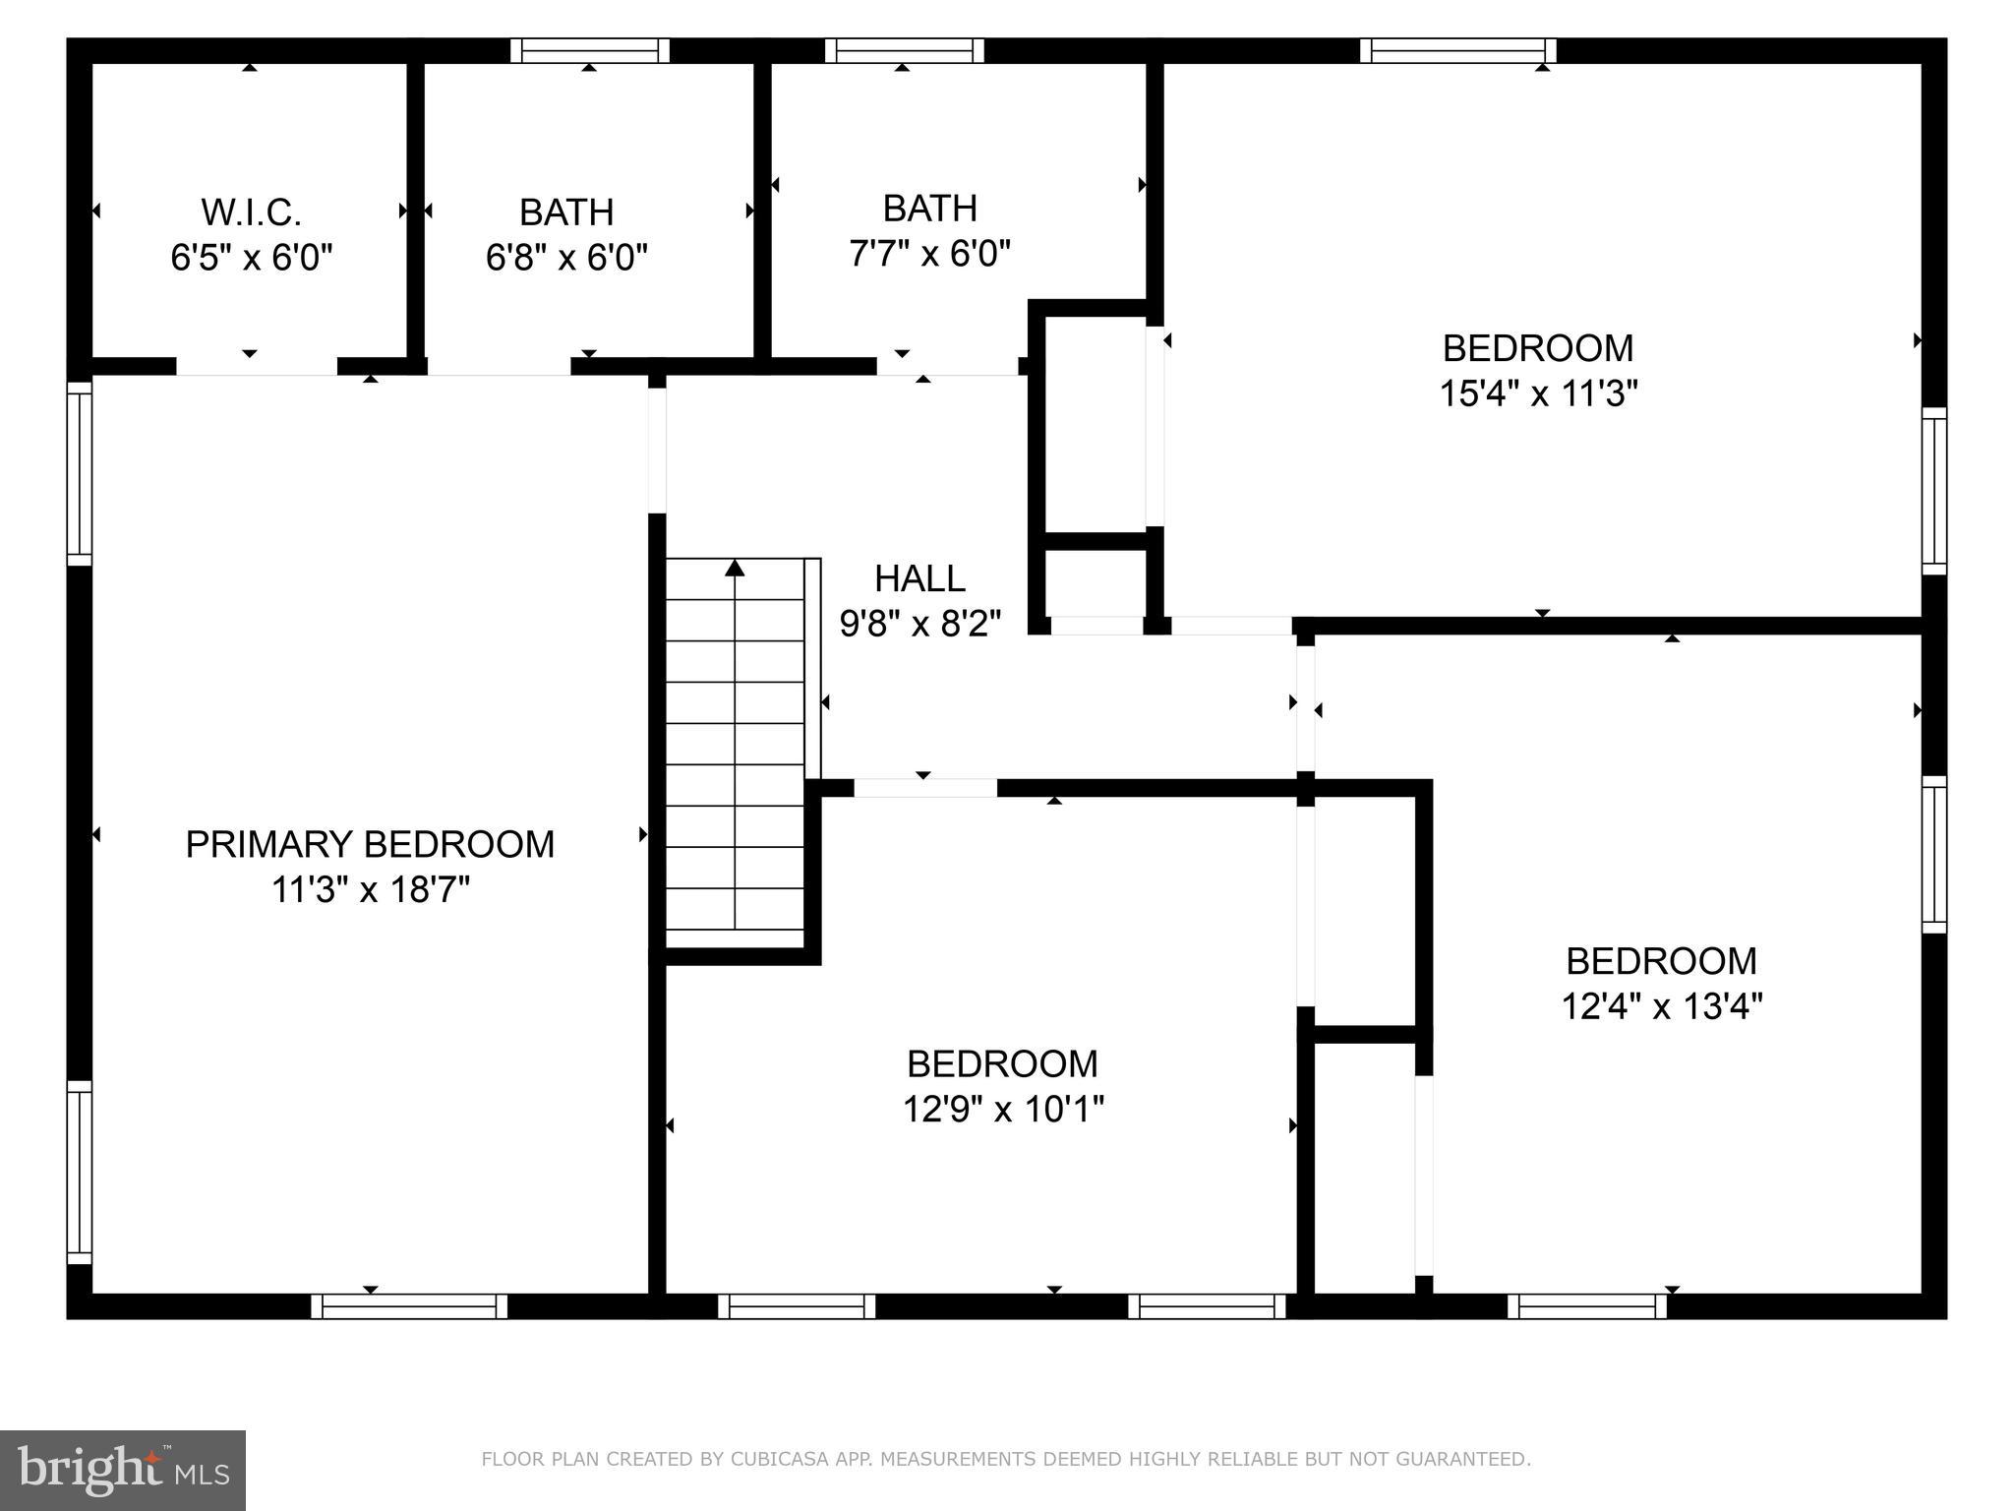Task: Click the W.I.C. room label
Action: pos(251,212)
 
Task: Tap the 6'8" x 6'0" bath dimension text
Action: pos(566,258)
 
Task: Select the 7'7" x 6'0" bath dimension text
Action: pos(929,254)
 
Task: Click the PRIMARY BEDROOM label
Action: pos(370,844)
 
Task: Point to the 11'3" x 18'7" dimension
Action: pos(370,890)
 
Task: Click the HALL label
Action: pos(919,578)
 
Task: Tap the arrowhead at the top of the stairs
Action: pos(735,568)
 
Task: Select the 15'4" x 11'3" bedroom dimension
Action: pos(1538,393)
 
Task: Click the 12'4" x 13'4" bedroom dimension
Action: pos(1661,1006)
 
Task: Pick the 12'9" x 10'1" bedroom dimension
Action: pos(1003,1110)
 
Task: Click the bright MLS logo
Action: pos(123,1471)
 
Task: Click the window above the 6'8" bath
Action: pos(589,50)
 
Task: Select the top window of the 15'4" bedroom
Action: pos(1457,50)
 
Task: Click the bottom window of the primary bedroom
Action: pos(409,1305)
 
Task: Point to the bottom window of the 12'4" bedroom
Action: pos(1587,1305)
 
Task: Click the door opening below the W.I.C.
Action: pos(256,366)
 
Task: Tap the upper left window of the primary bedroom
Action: pos(79,473)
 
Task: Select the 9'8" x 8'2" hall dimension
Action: pos(919,624)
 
